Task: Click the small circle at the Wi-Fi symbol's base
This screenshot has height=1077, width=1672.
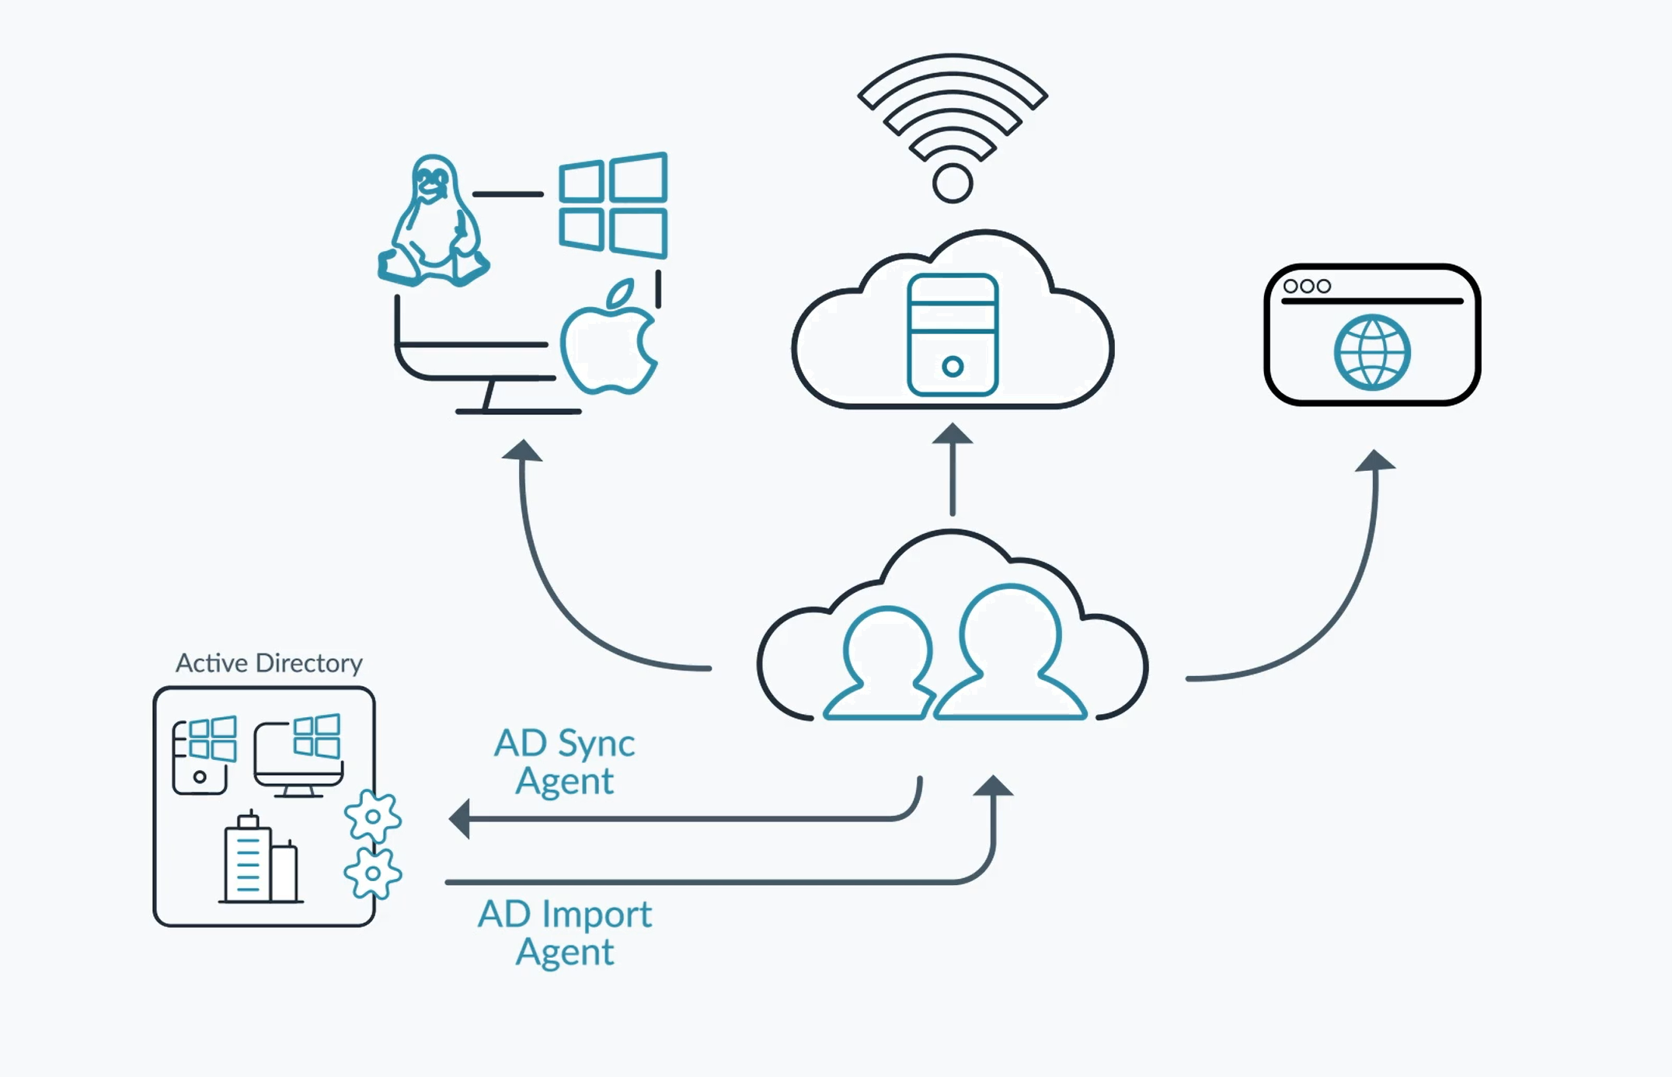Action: tap(953, 184)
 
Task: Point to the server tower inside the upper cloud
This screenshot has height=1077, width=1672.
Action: tap(953, 335)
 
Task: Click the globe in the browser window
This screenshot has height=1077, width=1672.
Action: tap(1372, 352)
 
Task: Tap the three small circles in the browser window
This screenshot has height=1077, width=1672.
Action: tap(1307, 287)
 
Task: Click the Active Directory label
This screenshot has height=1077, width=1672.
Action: tap(269, 663)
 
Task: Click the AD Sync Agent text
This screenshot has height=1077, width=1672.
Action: tap(565, 762)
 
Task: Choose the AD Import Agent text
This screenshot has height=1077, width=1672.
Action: tap(565, 932)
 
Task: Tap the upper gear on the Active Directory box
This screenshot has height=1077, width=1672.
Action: tap(373, 817)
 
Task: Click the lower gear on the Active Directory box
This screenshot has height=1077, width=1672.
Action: tap(373, 873)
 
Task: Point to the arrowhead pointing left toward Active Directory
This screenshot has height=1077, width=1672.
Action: tap(461, 819)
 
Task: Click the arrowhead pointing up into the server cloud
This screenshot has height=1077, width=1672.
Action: tap(953, 434)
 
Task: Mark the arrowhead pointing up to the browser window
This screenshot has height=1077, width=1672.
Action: tap(1374, 461)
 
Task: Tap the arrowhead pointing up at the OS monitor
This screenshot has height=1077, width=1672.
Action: tap(522, 451)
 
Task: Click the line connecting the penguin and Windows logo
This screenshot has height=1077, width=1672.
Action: tap(508, 193)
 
